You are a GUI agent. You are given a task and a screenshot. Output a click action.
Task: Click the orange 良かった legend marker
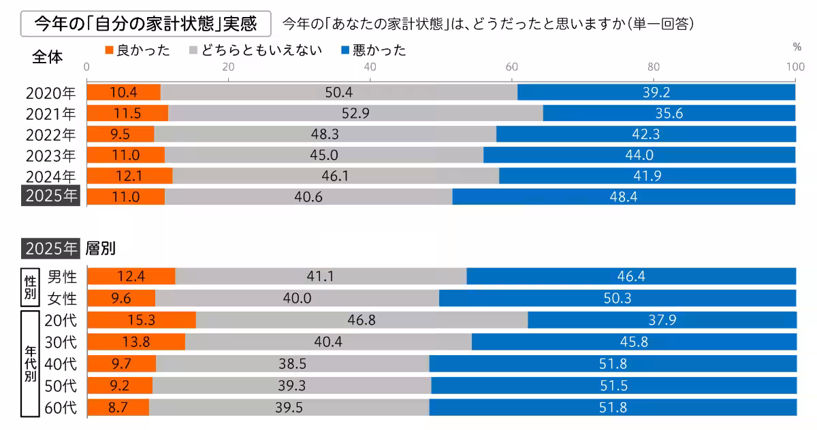(110, 50)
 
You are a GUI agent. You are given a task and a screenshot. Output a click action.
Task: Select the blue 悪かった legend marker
(346, 50)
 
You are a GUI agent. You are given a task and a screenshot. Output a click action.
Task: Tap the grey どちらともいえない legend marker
(193, 50)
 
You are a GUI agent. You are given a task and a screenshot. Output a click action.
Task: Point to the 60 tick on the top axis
(511, 67)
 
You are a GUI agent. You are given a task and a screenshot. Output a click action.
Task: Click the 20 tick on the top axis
(228, 67)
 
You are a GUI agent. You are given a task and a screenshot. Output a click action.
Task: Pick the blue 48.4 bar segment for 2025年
(624, 197)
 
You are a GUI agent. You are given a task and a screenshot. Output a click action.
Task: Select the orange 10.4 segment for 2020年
(124, 93)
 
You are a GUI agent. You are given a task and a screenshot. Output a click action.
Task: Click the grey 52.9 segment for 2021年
(355, 113)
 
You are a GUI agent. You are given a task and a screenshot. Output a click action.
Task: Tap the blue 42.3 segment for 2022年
(645, 134)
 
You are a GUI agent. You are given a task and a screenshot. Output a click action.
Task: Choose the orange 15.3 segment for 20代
(142, 320)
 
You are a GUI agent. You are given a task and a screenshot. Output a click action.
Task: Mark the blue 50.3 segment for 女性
(618, 298)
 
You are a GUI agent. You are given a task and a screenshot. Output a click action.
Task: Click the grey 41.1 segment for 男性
(321, 276)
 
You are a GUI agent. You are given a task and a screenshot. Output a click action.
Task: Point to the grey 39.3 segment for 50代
(292, 386)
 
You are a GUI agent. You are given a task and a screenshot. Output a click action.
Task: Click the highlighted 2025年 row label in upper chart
(51, 196)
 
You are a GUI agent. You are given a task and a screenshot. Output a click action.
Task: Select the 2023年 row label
(51, 155)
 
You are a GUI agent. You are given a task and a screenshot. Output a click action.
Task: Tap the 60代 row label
(61, 408)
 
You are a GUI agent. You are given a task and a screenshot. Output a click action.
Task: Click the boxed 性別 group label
(29, 287)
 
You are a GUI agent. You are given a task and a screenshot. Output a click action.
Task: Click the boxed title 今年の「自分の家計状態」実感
(146, 24)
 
